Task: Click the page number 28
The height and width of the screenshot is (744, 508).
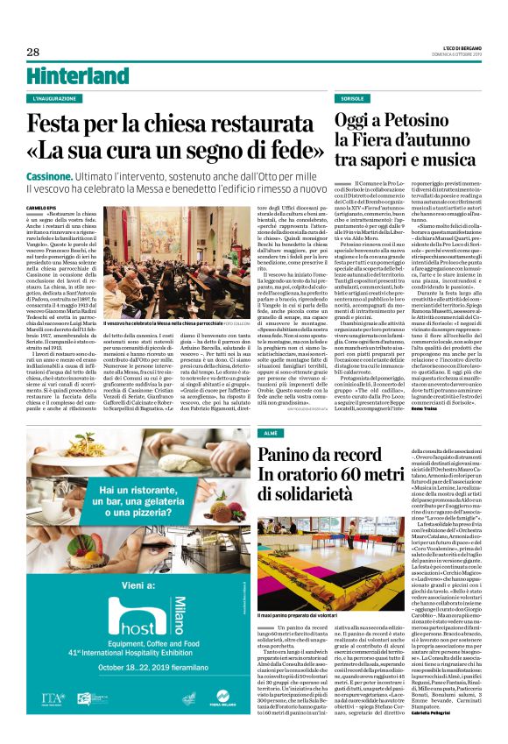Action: click(x=32, y=53)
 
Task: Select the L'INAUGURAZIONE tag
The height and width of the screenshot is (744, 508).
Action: click(x=54, y=99)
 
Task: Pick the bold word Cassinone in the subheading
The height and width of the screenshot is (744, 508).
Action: click(x=53, y=176)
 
